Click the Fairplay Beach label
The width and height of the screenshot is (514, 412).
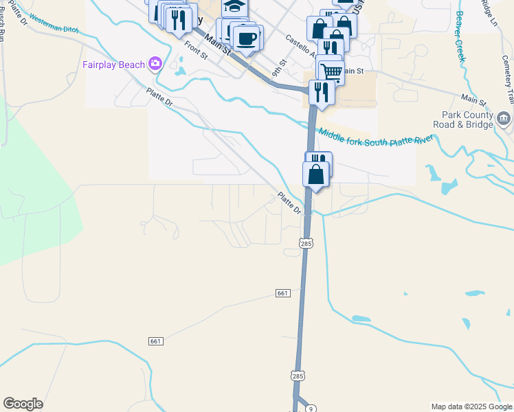[113, 65]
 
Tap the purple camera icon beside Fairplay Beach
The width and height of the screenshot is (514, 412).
[155, 64]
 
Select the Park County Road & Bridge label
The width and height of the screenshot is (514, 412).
[462, 120]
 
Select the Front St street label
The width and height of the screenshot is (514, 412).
[195, 51]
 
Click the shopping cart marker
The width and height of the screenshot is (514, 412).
[331, 71]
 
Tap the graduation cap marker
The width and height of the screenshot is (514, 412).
[234, 7]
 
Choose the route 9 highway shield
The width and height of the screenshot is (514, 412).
[311, 409]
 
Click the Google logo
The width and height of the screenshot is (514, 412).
[23, 404]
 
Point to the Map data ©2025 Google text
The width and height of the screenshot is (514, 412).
[471, 407]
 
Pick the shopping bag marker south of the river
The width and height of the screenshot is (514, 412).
[316, 174]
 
